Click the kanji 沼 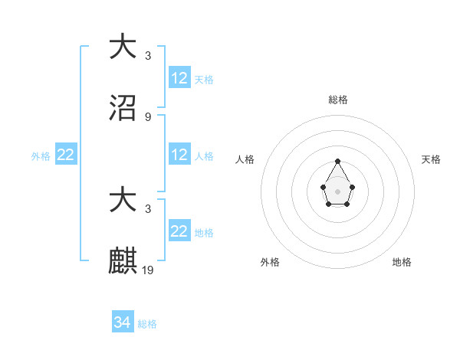123,108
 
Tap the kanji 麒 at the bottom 123,261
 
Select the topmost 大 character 123,46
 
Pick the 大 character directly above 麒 123,200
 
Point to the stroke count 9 148,117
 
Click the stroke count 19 149,270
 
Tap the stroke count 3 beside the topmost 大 148,56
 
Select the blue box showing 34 123,323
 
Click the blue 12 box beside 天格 179,78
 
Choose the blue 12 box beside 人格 179,155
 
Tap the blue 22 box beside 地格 179,231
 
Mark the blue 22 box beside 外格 66,155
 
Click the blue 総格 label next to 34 147,324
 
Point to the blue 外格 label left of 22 41,155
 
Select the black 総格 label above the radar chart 338,100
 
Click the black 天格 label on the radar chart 432,159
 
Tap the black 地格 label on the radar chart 402,262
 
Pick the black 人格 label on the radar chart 245,159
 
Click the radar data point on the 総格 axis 337,161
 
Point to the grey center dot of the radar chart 337,190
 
